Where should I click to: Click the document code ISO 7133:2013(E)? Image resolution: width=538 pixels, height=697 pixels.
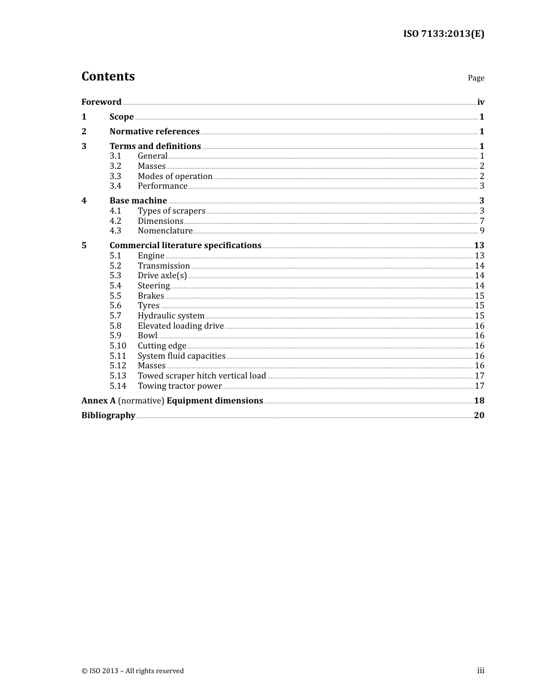tap(443, 33)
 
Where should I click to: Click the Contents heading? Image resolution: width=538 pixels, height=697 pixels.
tap(108, 76)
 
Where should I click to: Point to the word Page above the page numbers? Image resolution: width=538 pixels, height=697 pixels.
tap(476, 78)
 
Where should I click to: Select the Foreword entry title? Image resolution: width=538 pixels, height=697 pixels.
tap(101, 102)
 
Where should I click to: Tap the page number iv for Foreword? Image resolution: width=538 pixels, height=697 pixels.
tap(480, 102)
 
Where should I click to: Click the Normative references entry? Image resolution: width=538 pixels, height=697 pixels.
tap(154, 131)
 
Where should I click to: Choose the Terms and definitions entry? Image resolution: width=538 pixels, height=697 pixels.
tap(155, 146)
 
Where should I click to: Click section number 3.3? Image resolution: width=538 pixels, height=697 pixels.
tap(116, 176)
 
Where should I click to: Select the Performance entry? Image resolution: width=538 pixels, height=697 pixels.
tap(163, 186)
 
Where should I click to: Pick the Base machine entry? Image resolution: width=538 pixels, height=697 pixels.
tap(138, 201)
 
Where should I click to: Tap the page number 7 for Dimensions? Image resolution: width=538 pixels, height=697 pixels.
tap(482, 221)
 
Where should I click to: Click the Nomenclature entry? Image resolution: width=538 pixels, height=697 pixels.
tap(165, 231)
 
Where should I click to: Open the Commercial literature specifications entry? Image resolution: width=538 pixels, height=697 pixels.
tap(185, 245)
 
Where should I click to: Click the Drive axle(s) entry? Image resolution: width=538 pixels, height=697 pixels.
tap(162, 275)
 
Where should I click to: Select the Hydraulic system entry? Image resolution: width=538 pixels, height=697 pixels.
tap(171, 316)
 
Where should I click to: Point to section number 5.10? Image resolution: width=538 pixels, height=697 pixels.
tap(118, 346)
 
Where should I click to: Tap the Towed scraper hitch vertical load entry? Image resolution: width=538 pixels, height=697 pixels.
tap(202, 376)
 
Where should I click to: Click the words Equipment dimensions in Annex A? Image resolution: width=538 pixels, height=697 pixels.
tap(215, 401)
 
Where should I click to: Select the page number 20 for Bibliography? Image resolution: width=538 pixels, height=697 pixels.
tap(479, 415)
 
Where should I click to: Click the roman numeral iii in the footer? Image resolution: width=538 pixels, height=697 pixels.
tap(480, 671)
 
